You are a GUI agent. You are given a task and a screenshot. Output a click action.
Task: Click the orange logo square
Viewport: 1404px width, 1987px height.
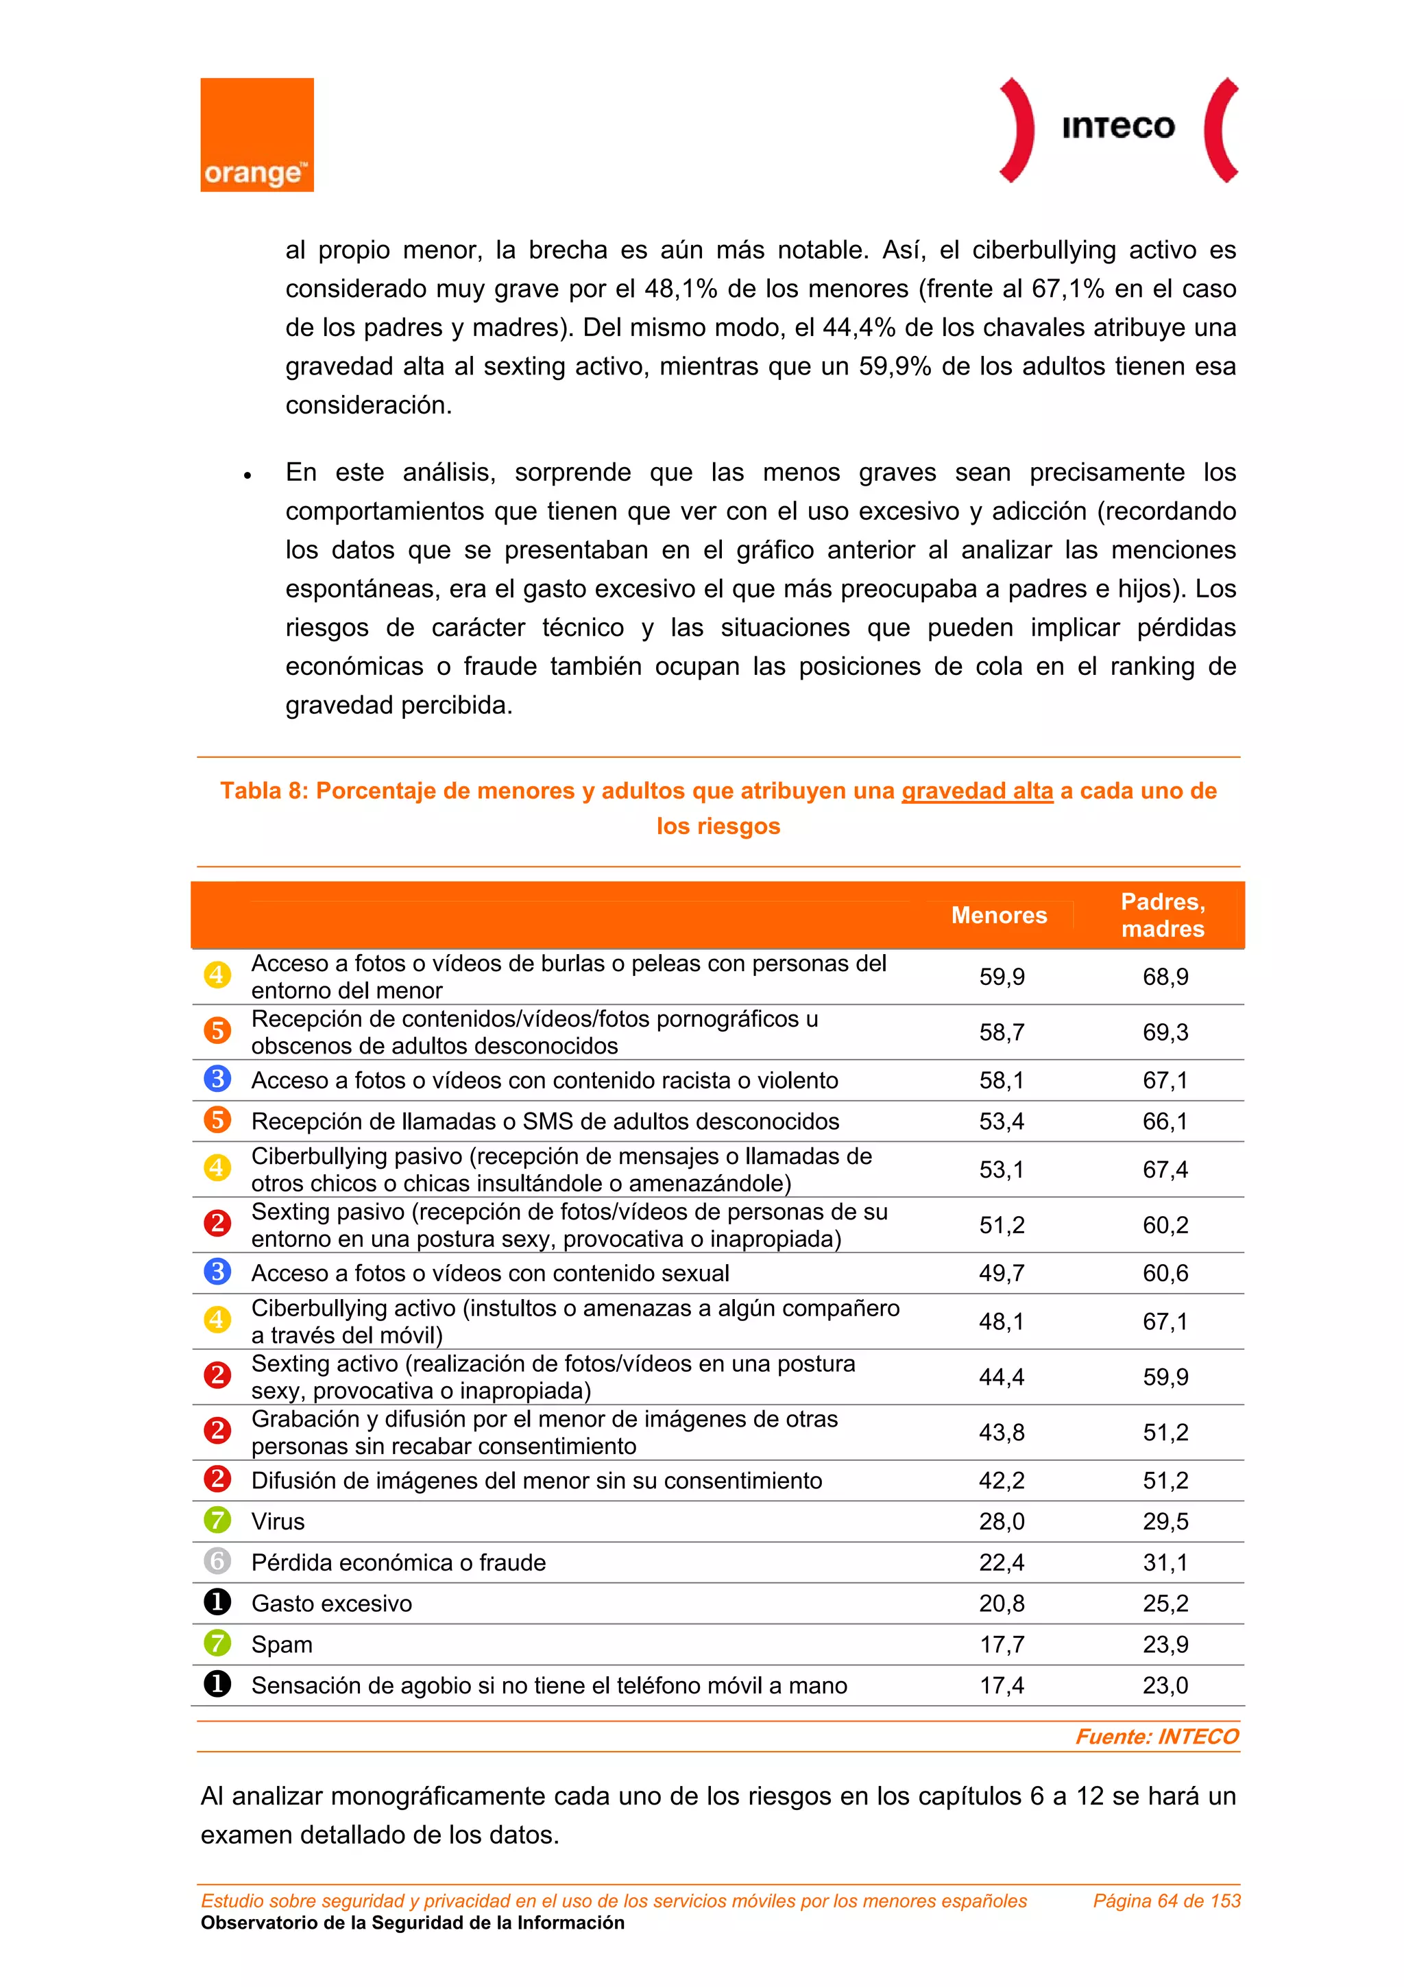(257, 135)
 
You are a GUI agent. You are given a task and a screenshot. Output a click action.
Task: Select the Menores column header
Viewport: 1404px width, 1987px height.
(998, 916)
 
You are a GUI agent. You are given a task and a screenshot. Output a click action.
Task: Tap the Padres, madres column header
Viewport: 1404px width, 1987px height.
(1163, 916)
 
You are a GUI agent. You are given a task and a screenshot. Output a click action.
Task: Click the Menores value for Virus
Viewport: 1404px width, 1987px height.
(1001, 1521)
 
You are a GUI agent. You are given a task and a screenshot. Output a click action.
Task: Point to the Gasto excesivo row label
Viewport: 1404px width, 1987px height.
(331, 1604)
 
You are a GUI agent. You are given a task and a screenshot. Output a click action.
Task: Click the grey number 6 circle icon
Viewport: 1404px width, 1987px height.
(217, 1561)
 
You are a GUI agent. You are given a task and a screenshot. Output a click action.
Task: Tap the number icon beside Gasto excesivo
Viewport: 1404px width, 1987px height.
(217, 1603)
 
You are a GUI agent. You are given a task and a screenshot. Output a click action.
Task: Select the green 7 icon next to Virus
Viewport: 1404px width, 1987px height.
(217, 1521)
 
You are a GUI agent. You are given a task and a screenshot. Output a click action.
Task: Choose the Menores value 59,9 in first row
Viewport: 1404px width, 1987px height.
(1001, 977)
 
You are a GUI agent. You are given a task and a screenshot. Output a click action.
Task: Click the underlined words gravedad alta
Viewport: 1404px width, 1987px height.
(977, 791)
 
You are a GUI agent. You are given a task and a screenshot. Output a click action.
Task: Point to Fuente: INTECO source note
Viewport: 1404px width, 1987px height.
(1156, 1737)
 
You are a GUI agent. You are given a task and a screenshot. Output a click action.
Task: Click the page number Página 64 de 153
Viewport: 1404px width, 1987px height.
(1166, 1901)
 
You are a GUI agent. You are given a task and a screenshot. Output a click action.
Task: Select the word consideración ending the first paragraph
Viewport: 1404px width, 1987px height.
(369, 405)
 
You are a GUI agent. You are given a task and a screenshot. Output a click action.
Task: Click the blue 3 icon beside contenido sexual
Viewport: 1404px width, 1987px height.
(217, 1272)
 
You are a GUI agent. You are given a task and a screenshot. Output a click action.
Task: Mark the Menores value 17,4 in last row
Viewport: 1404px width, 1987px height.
(1001, 1686)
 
